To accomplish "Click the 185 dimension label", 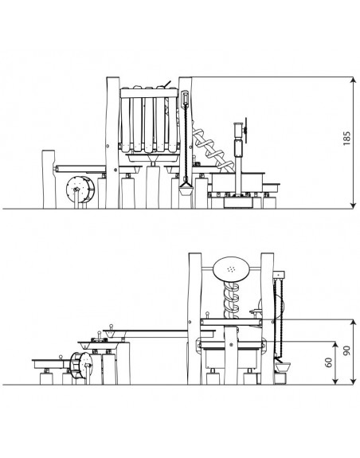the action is [346, 139].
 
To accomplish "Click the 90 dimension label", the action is [346, 350].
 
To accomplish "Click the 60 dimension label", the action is [328, 362].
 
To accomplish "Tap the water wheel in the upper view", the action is [80, 190].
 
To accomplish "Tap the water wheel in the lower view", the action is [81, 366].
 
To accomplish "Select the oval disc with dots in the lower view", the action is [231, 269].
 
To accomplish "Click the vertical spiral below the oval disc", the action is [231, 300].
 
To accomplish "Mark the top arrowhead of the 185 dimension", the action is [354, 80].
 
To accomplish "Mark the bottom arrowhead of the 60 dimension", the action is [335, 382].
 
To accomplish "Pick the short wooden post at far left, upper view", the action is [49, 179].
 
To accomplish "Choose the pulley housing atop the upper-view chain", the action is [185, 97].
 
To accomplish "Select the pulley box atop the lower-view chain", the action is [278, 274].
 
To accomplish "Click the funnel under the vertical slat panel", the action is [152, 159].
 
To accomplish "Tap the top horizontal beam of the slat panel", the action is [149, 93].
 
